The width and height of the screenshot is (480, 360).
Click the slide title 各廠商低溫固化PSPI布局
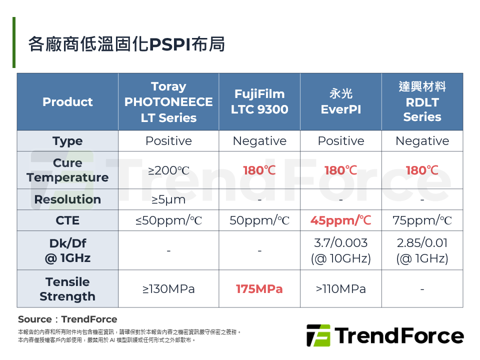point(126,44)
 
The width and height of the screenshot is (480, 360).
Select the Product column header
point(67,102)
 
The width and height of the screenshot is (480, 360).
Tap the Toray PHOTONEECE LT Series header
point(168,102)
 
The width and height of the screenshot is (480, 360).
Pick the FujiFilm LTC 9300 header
point(259,101)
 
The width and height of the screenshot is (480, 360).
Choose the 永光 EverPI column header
point(341,101)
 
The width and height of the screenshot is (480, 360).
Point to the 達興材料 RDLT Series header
point(422,101)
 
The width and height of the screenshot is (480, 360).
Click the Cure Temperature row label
point(67,170)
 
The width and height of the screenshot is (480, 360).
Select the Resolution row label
point(67,199)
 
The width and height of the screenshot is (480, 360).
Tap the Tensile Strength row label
point(67,289)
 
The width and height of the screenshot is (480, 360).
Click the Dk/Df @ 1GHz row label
point(67,250)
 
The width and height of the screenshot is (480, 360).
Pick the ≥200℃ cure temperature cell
point(168,170)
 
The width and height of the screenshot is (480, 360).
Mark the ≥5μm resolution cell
point(168,200)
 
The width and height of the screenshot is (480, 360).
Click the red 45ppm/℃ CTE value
point(341,220)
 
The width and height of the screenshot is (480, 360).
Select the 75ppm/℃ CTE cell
point(422,220)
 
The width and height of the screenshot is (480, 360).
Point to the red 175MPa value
point(259,289)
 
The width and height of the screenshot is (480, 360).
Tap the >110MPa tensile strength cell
point(341,289)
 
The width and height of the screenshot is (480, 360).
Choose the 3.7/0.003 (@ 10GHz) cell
point(341,250)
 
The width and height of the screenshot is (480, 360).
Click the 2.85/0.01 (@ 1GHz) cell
point(422,250)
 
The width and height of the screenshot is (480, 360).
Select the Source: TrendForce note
point(67,319)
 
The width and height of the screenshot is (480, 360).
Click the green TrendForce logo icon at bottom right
point(318,335)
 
